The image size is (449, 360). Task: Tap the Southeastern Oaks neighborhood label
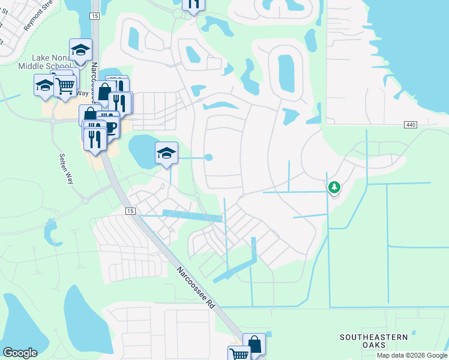coord(374,341)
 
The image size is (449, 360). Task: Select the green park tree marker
coord(334,188)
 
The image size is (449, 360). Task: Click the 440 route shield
coord(411,124)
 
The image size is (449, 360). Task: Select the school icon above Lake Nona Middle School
coord(80,50)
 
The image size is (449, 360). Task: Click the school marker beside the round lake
coord(166,152)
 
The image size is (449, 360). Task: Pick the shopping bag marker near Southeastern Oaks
coord(254,344)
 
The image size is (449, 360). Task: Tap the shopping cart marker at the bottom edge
coord(239,354)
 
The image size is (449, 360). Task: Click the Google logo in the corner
coord(20,353)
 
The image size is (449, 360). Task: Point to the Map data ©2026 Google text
coord(411,355)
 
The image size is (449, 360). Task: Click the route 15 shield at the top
coord(95,16)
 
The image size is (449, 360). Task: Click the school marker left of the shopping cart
coord(44,86)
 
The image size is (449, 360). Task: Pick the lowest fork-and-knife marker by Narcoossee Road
coord(95,139)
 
